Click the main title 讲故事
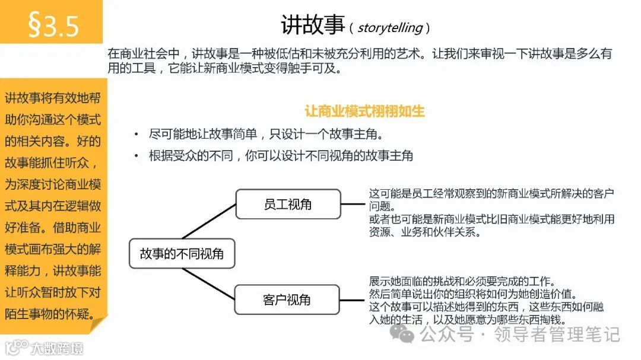(312, 26)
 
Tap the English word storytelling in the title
(390, 27)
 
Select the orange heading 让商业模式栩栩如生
(364, 111)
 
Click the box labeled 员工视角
(288, 204)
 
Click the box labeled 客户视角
(287, 300)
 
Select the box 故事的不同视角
(182, 254)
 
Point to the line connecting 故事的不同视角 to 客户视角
(208, 282)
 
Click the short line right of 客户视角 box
(352, 300)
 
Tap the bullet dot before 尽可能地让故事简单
(138, 135)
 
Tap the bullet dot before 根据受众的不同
(138, 157)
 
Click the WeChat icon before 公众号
(407, 335)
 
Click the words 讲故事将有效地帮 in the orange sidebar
(53, 98)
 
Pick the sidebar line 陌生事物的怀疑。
(50, 314)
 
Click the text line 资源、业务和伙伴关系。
(424, 232)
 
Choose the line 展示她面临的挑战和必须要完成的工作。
(462, 281)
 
